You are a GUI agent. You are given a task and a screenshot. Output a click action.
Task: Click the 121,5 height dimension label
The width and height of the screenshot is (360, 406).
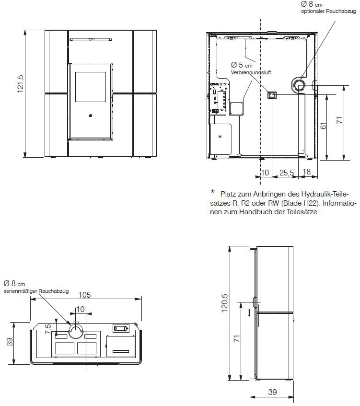click(x=21, y=84)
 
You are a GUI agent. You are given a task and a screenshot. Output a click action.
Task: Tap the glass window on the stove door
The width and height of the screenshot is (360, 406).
click(x=91, y=87)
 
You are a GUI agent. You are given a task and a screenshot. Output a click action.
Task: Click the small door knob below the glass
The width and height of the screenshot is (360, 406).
click(x=91, y=116)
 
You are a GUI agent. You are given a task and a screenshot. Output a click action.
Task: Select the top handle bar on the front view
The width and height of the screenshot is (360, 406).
click(x=91, y=40)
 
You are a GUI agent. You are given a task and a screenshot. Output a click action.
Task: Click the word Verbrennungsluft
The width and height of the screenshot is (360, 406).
click(x=251, y=72)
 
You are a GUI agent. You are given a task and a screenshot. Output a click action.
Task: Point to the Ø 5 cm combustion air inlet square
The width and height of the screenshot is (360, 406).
click(x=272, y=96)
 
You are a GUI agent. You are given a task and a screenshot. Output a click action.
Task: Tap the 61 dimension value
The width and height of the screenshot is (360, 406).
click(x=324, y=126)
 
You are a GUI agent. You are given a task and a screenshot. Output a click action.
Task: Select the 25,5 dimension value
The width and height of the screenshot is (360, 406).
click(x=287, y=173)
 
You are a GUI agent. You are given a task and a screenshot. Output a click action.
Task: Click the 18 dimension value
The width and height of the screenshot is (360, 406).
click(x=307, y=172)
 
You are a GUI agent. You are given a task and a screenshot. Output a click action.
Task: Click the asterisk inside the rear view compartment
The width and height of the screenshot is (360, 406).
click(x=220, y=137)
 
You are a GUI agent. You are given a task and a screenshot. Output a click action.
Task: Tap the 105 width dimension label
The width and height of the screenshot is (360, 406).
click(x=85, y=295)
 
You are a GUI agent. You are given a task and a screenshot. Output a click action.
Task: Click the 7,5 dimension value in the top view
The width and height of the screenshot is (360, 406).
click(x=48, y=329)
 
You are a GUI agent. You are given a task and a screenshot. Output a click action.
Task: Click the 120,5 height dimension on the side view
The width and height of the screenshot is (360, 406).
click(x=224, y=303)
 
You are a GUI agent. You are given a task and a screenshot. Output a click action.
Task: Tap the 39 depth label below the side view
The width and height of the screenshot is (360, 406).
click(x=272, y=392)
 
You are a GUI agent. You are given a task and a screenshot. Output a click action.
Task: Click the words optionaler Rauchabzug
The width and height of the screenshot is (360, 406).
click(x=328, y=12)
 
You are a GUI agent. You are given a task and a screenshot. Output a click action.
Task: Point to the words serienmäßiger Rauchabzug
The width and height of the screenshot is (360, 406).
click(x=36, y=291)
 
